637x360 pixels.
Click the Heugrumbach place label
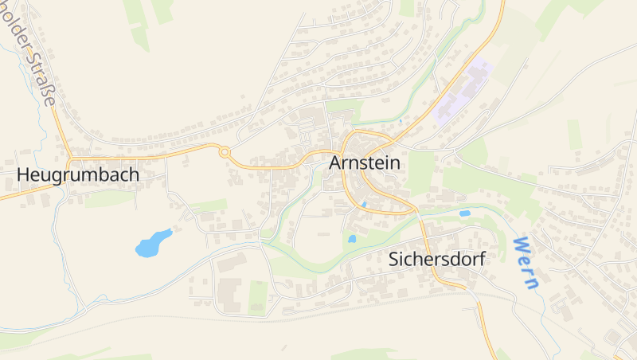coord(78,174)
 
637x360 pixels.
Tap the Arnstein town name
coord(365,162)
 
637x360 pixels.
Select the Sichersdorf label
coord(436,259)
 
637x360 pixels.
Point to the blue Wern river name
coord(526,262)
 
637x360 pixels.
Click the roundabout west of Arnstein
coord(225,151)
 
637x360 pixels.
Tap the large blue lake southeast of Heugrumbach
coord(152,243)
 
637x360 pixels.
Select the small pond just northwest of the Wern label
coord(464,213)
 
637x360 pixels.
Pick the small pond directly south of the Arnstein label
coord(351,238)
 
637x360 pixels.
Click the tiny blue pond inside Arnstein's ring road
coord(364,205)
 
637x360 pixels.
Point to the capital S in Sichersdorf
coord(395,259)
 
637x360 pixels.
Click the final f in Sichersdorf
coord(480,259)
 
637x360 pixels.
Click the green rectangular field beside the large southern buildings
coord(257,295)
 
